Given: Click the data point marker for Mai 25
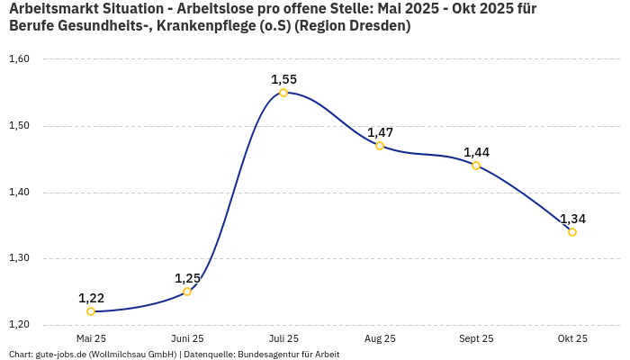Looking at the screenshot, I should point(91,311).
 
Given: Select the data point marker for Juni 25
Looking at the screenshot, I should point(187,292).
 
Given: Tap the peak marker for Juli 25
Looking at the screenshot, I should point(283,93).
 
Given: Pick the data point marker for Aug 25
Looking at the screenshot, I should point(380,146).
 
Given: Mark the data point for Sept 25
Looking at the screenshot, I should point(476,166).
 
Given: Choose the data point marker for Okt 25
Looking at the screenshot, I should point(572,232).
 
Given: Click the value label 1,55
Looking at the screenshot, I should point(283,79).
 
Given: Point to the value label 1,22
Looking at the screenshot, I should point(91,298).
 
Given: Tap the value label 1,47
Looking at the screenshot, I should point(380,132).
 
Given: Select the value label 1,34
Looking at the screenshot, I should point(572,219).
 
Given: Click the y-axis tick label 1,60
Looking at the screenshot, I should point(19,59).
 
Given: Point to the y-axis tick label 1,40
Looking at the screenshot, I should point(19,192).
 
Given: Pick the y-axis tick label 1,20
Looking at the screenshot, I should point(19,324).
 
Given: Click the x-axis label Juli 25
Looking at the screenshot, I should point(283,338).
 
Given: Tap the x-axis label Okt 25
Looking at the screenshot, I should point(572,338).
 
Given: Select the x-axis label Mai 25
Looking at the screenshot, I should point(91,338).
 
